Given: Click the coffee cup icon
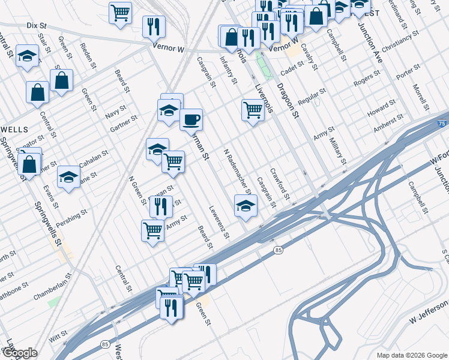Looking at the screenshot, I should coord(191,119).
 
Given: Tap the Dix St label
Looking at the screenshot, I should coord(37,26).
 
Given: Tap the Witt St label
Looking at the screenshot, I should coord(55,339).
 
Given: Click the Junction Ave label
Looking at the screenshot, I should coord(370,46).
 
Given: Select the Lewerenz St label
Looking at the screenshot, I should coord(219,222).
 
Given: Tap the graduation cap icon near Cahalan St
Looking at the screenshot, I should coord(69,177).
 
